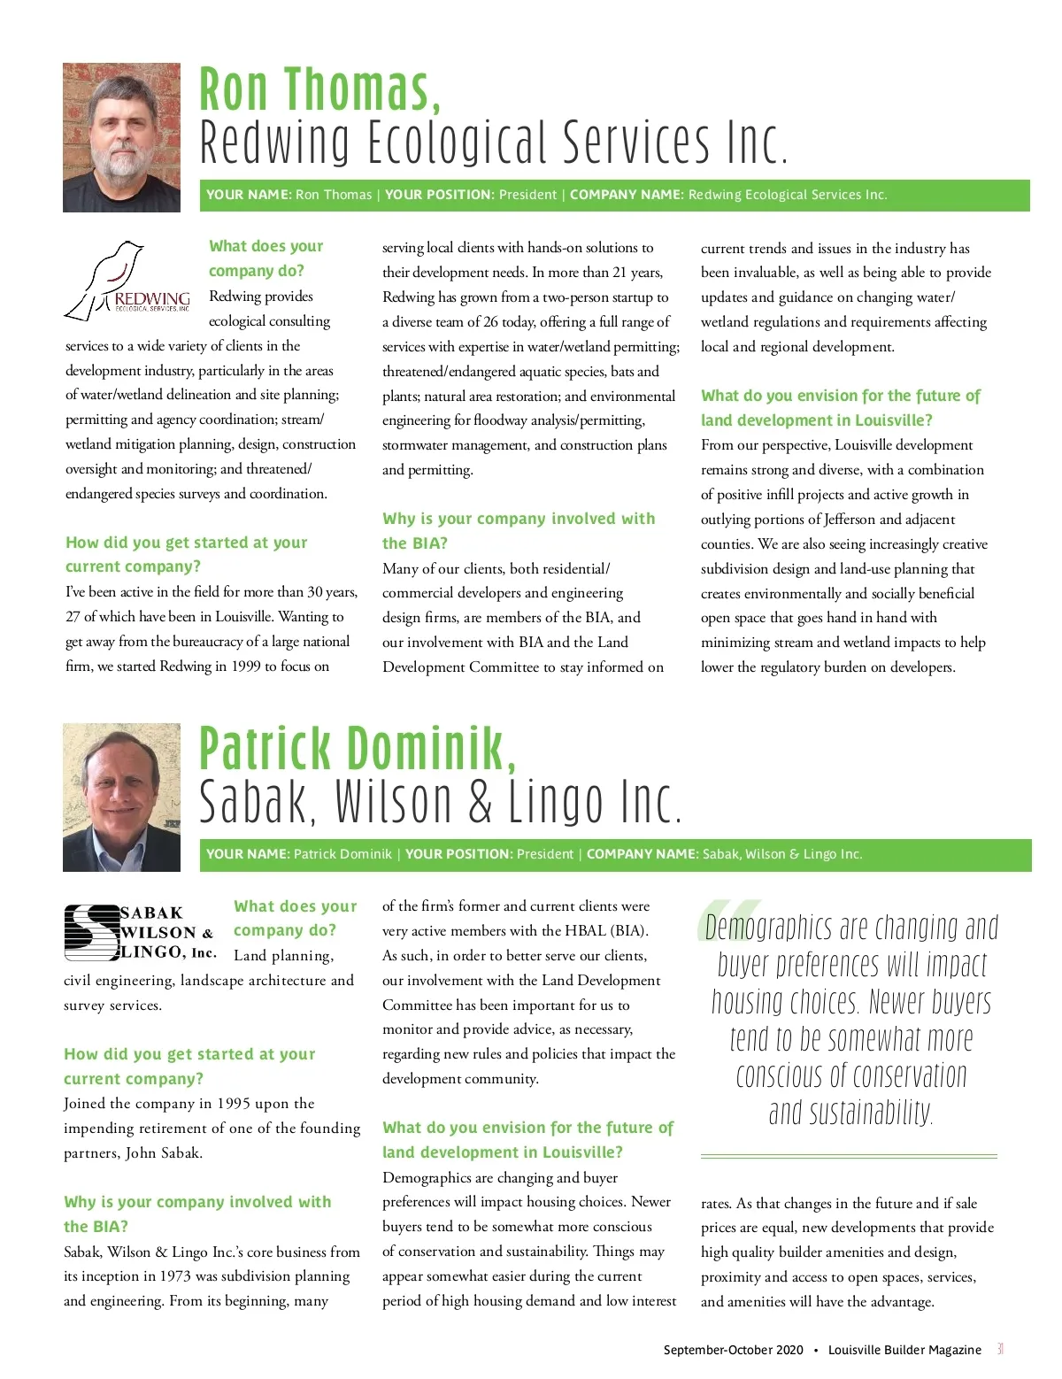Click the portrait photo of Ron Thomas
[121, 137]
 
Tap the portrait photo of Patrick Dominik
[121, 797]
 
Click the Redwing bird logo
[127, 279]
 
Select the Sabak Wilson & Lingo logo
[139, 932]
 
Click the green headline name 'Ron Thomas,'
[319, 90]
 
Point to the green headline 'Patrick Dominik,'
[358, 749]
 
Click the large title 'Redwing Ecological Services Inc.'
[493, 143]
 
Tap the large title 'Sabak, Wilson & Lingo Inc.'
[440, 803]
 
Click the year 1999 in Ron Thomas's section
[246, 666]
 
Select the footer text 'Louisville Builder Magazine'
[904, 1350]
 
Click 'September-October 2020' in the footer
[733, 1350]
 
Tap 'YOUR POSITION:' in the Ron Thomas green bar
[439, 195]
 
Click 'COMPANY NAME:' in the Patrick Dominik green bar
[643, 854]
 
